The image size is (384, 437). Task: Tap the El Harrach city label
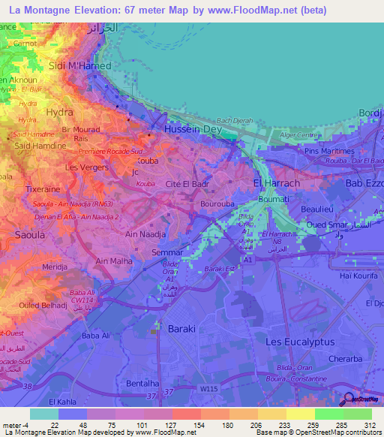tap(277, 182)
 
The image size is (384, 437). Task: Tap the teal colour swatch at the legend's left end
tap(44, 414)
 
